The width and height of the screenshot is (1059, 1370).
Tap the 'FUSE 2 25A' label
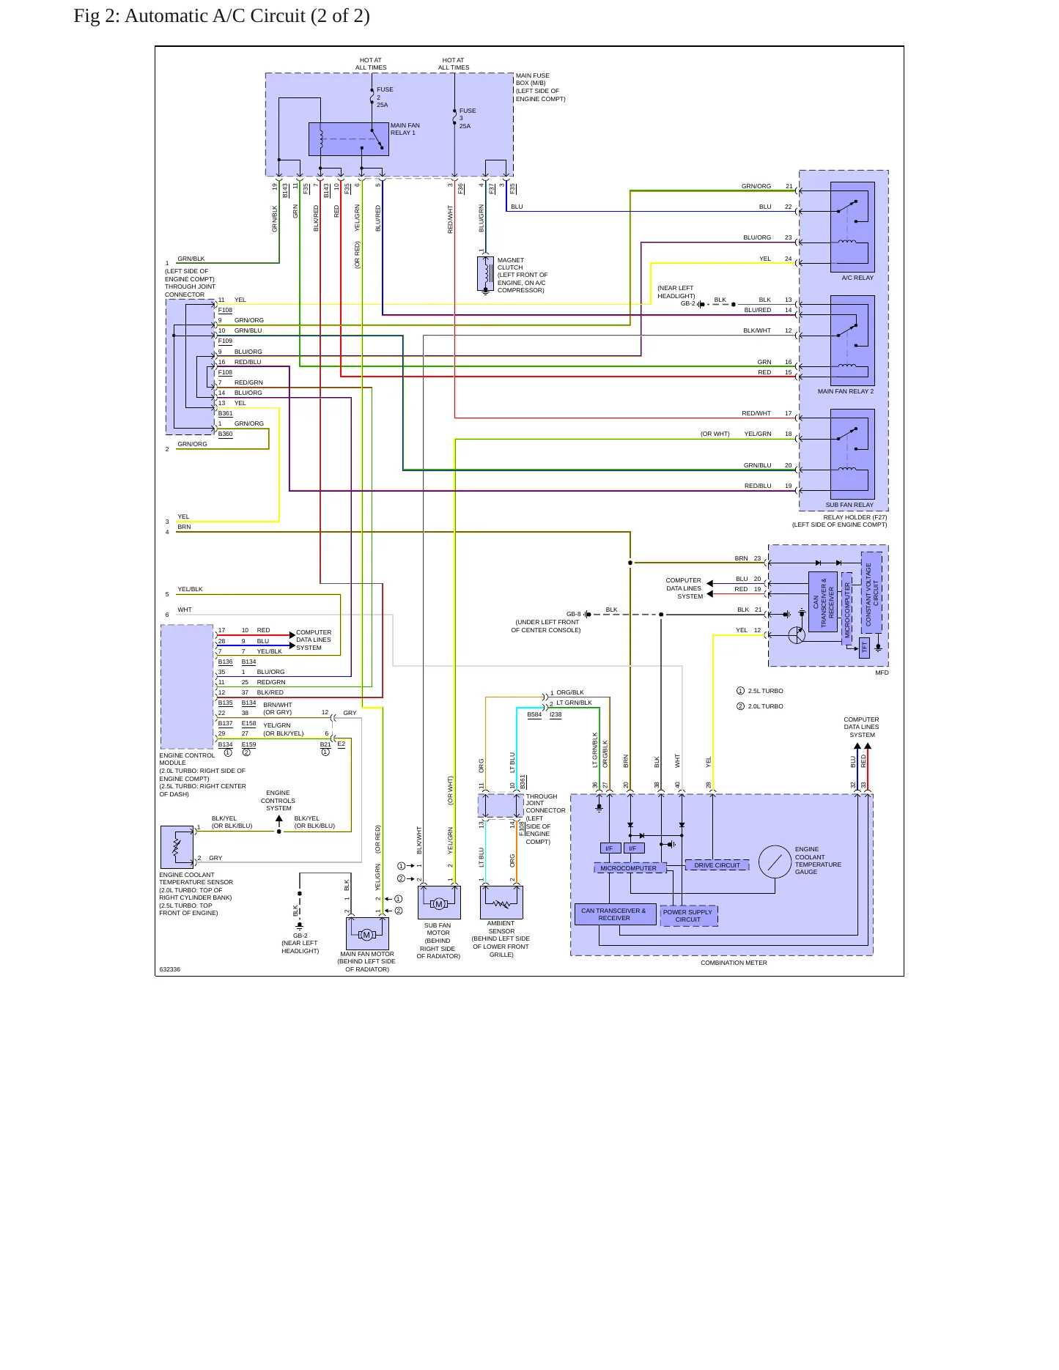pos(385,97)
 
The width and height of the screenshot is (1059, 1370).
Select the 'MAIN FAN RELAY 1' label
pos(405,129)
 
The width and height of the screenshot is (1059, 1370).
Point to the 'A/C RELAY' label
pos(857,278)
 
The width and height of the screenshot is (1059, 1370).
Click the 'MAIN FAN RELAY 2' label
pos(846,391)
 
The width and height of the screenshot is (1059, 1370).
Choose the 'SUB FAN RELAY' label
pos(849,505)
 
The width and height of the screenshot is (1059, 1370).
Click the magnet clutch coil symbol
pos(485,273)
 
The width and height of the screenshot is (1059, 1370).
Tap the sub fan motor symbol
pos(439,903)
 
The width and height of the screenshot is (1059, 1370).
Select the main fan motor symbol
pos(367,934)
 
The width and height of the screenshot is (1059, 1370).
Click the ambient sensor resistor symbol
pos(501,903)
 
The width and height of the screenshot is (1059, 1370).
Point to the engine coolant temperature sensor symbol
pos(177,847)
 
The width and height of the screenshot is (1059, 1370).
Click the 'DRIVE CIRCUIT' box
pos(717,865)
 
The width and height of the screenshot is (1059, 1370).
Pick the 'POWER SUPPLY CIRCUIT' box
pos(688,916)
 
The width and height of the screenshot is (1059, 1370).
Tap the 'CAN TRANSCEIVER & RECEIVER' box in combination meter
pos(615,914)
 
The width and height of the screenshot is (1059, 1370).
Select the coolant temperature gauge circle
pos(775,862)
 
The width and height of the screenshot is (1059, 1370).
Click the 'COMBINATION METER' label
pos(734,963)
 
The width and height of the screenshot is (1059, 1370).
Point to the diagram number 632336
pos(169,969)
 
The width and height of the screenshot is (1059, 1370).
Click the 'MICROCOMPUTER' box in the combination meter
pos(630,868)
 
